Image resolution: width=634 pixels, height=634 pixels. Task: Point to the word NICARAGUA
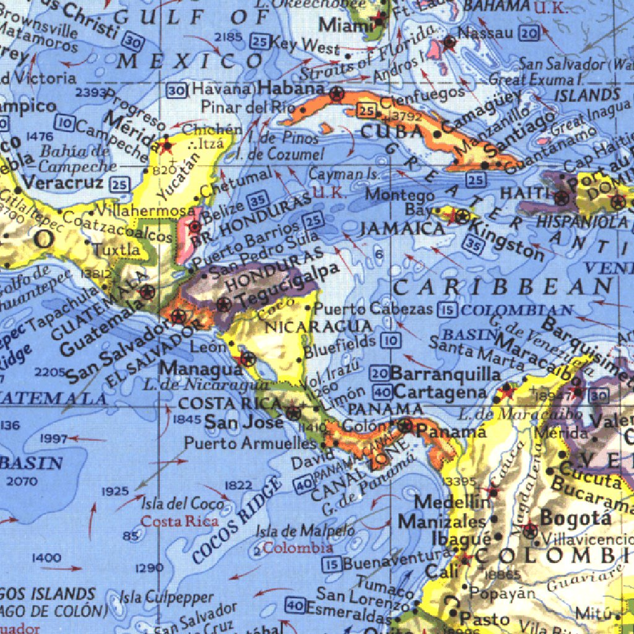pyautogui.click(x=319, y=326)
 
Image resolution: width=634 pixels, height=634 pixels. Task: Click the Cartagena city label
pyautogui.click(x=440, y=393)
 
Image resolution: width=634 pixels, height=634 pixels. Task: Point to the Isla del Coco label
pyautogui.click(x=182, y=503)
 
